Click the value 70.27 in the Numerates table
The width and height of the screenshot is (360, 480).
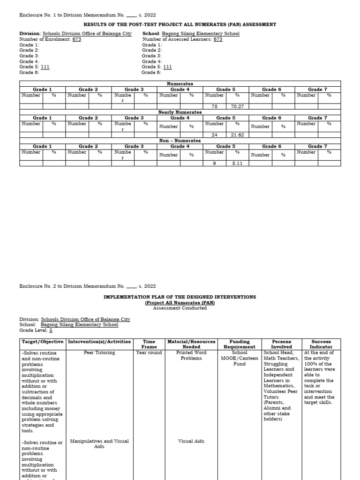[238, 106]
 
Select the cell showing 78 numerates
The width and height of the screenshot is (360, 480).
[215, 106]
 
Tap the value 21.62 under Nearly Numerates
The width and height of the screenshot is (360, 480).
[238, 135]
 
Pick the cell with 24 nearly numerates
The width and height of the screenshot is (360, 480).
[215, 135]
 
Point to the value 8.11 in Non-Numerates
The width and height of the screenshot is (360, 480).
[238, 164]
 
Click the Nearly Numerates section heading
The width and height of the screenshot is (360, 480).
[180, 112]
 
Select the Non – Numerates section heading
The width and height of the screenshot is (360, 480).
[180, 141]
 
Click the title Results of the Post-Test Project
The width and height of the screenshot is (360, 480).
[180, 24]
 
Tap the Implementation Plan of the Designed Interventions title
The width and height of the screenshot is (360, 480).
[180, 297]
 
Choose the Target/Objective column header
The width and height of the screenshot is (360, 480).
[43, 342]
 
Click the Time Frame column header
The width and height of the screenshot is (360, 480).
[149, 344]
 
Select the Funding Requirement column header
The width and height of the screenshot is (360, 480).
[240, 344]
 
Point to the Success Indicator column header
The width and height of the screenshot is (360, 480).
[321, 344]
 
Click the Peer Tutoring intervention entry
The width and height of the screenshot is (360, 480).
[99, 352]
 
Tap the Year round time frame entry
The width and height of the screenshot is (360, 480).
[149, 352]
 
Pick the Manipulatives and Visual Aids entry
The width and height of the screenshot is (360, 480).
[99, 443]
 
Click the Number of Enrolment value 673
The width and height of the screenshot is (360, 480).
[76, 39]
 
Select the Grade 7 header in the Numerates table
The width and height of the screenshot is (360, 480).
[318, 90]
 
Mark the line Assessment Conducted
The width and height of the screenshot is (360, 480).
[180, 308]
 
